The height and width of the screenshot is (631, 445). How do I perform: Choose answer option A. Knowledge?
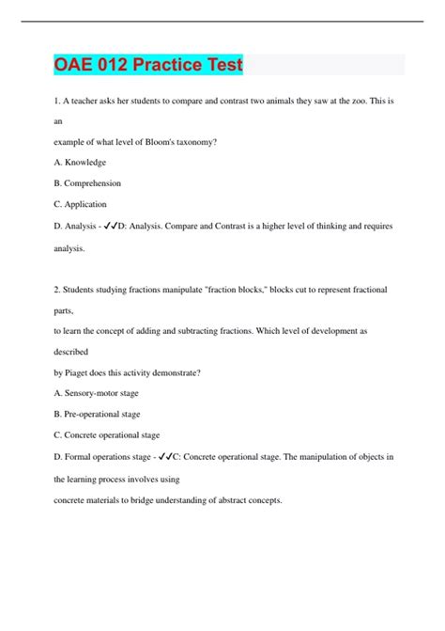pos(79,162)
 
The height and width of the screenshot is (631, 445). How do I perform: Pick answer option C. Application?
pos(80,204)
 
